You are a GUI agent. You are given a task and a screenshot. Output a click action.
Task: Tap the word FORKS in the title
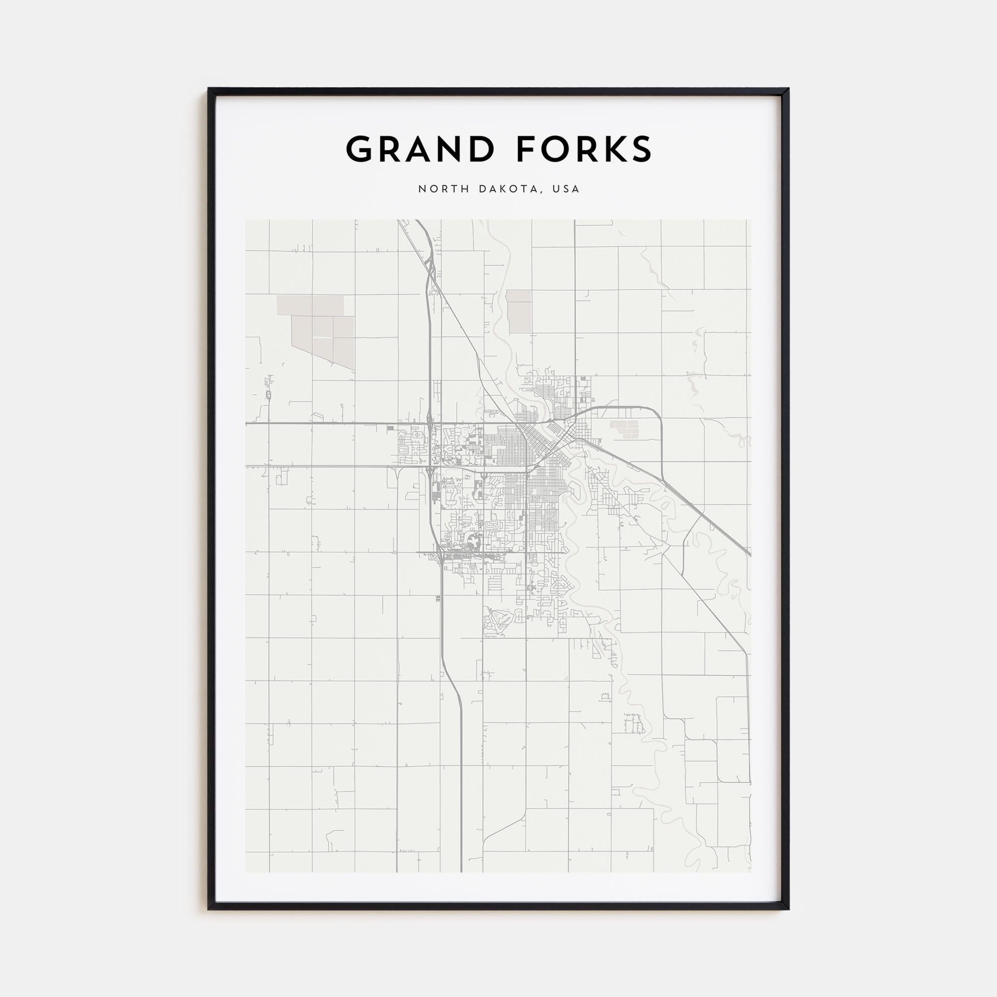(584, 150)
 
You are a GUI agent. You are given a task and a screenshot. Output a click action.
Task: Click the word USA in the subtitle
(566, 189)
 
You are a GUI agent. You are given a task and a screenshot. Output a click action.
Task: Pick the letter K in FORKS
(614, 150)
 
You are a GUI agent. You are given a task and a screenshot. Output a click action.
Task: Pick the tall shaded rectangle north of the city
(518, 311)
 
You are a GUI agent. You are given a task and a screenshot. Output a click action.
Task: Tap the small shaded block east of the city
(625, 429)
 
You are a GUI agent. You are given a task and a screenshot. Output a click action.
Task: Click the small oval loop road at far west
(268, 395)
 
